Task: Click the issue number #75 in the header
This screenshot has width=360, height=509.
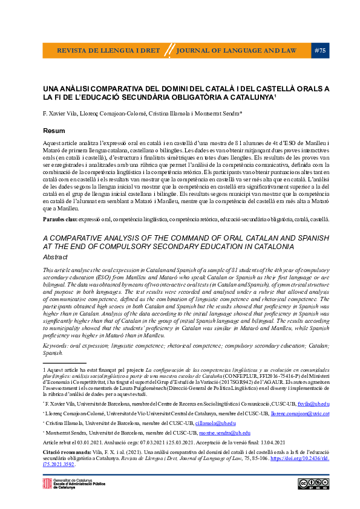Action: [321, 51]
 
